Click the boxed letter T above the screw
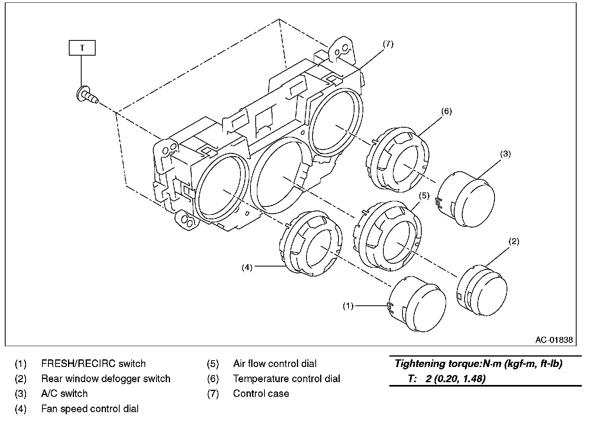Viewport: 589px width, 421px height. point(82,48)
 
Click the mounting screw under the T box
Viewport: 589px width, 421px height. point(87,96)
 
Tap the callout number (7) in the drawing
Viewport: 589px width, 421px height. point(388,44)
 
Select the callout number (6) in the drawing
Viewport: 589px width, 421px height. point(447,112)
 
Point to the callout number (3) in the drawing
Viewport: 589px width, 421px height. point(505,154)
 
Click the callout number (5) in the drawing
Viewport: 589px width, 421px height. point(424,196)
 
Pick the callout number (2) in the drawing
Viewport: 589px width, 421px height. point(514,241)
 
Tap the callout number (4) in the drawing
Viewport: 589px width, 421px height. point(247,268)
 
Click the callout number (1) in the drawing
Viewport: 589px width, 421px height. point(348,306)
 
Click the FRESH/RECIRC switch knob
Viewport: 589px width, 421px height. point(417,304)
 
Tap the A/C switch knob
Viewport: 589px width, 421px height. point(465,199)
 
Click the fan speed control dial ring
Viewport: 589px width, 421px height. point(311,243)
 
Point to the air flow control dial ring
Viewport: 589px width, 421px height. point(388,236)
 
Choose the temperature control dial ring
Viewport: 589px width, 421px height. point(397,160)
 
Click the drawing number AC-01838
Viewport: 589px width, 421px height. point(554,340)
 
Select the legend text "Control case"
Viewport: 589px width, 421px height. point(261,394)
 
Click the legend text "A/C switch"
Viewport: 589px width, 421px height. point(64,394)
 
